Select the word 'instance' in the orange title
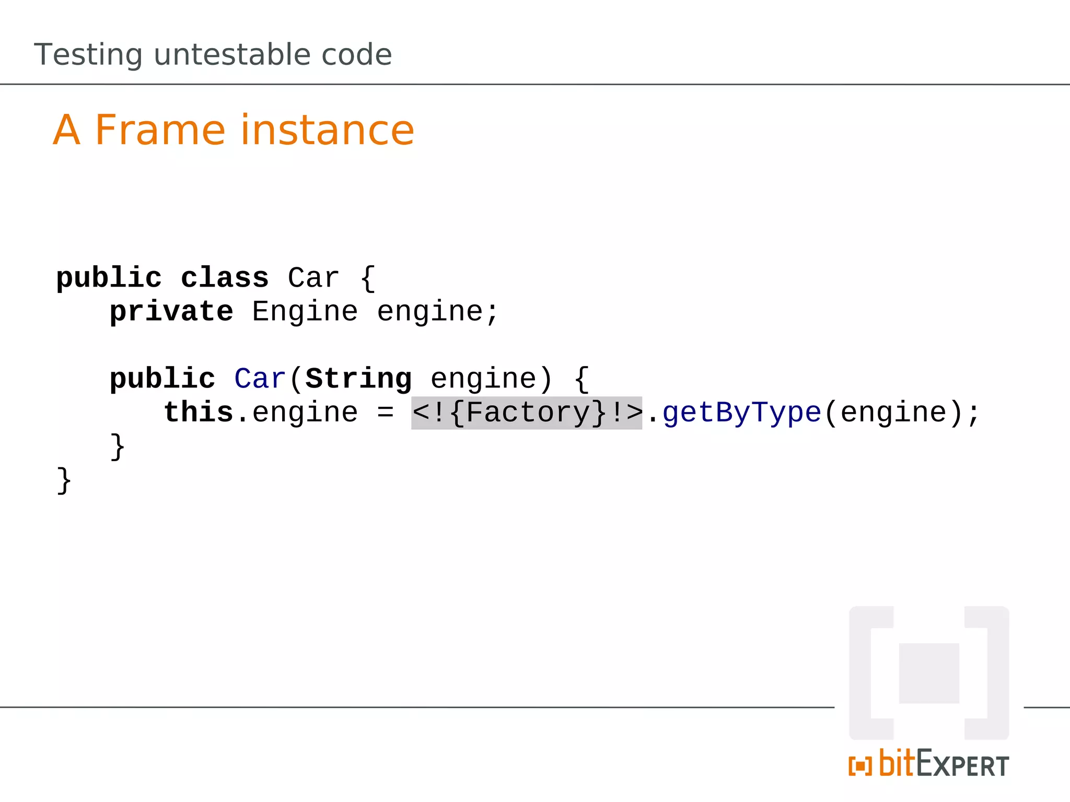point(327,130)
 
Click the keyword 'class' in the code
point(225,278)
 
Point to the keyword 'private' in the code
point(171,312)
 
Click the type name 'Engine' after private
point(305,312)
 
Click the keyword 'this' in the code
point(199,412)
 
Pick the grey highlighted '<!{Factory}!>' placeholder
point(527,413)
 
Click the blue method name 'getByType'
point(742,413)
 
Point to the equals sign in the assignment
point(385,413)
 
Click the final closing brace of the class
point(64,480)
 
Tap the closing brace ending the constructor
point(118,446)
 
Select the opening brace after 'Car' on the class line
point(368,278)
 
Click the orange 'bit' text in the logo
point(897,763)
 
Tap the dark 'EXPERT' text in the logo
point(962,764)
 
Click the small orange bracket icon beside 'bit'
point(860,766)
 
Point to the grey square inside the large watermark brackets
point(929,673)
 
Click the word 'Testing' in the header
point(88,54)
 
